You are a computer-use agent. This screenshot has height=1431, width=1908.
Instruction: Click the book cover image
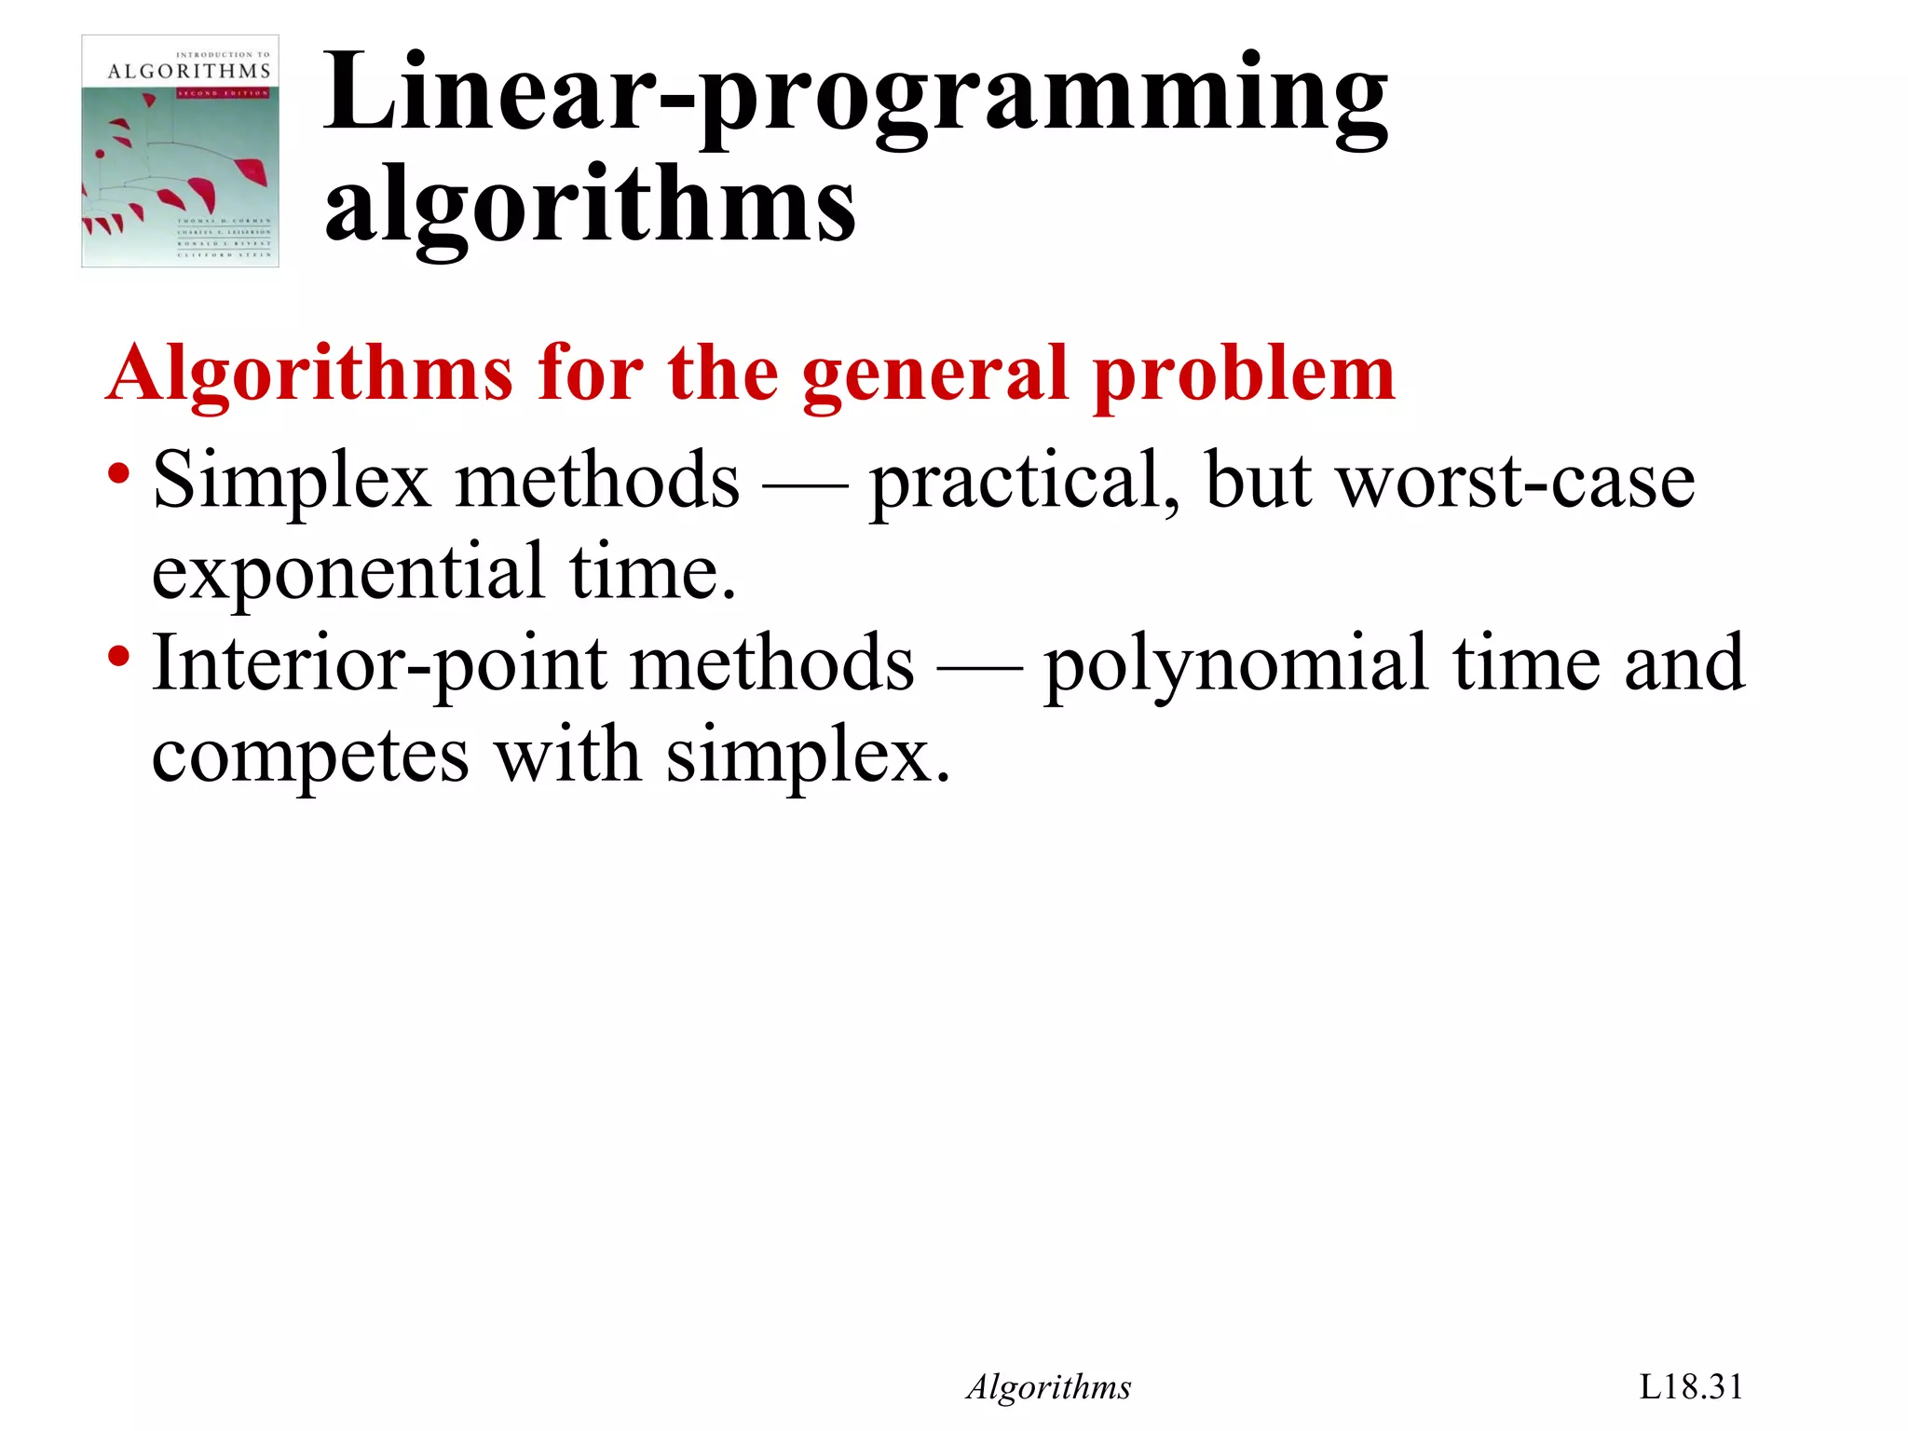point(180,152)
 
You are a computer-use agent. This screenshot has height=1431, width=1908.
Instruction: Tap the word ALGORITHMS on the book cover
point(189,72)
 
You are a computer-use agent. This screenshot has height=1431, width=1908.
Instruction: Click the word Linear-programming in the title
point(854,93)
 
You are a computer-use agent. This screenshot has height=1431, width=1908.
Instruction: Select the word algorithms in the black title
point(589,204)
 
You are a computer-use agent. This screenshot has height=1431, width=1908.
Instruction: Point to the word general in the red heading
point(934,375)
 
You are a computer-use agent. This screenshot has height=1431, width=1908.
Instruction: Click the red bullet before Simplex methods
point(118,472)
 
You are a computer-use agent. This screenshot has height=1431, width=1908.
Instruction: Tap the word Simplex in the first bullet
point(290,482)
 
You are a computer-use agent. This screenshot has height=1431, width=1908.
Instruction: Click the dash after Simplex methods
point(804,485)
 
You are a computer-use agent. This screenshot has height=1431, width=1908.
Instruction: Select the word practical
point(1023,482)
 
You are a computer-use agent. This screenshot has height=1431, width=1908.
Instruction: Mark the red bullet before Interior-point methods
point(118,656)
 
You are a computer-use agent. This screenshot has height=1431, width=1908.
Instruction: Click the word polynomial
point(1235,665)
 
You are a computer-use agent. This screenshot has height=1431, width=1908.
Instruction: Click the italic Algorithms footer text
point(1048,1387)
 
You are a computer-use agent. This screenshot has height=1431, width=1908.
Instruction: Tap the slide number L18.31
point(1690,1387)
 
